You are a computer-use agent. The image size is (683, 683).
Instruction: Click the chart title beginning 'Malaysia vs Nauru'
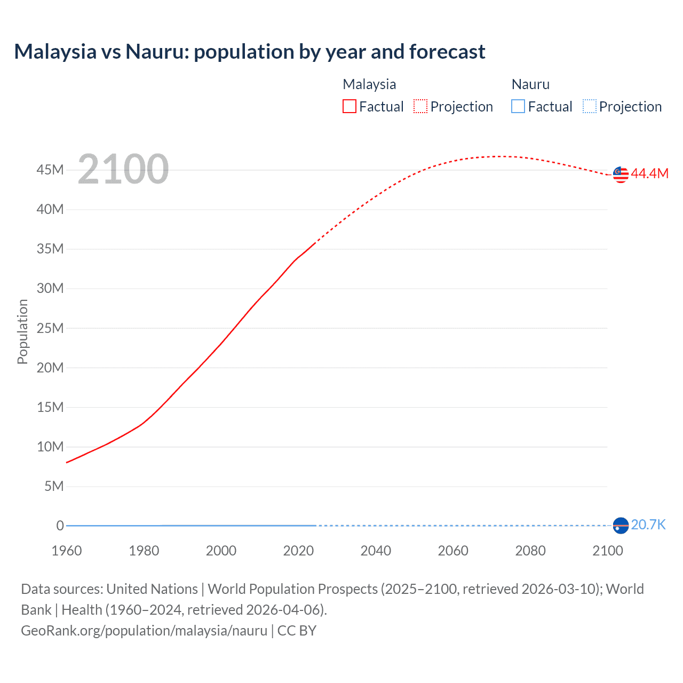[249, 52]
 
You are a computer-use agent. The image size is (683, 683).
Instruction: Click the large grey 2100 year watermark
[123, 169]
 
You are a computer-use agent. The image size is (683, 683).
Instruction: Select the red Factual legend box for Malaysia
[349, 106]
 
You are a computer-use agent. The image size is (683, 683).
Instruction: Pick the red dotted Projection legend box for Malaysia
[420, 106]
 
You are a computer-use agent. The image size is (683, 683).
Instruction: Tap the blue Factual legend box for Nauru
[518, 106]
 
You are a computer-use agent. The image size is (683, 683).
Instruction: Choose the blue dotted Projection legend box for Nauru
[589, 106]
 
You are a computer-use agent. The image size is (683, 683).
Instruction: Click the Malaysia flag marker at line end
[621, 174]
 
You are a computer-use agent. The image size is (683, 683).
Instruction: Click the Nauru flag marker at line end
[621, 526]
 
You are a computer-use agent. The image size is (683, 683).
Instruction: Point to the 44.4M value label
[649, 173]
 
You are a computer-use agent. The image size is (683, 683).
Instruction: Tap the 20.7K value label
[648, 525]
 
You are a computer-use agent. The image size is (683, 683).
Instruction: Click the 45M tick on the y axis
[50, 170]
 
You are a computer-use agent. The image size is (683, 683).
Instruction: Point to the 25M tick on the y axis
[50, 328]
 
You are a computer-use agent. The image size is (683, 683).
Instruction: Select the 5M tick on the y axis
[54, 486]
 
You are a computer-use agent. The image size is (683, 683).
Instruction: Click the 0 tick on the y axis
[60, 526]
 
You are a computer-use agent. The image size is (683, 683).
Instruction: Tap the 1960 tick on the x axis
[67, 551]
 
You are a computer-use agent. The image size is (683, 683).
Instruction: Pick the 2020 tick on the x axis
[298, 551]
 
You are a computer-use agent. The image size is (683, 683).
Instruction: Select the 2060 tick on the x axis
[453, 551]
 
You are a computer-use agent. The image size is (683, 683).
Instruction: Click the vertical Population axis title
[22, 331]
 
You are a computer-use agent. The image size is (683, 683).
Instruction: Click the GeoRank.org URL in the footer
[144, 631]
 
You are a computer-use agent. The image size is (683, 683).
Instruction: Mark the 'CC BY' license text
[297, 631]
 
